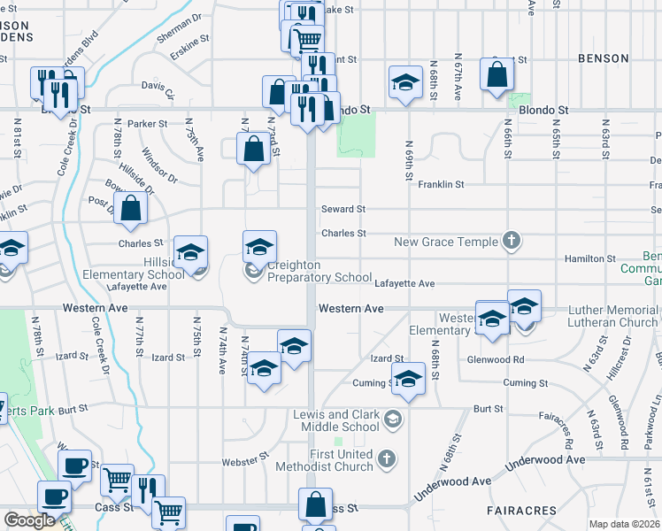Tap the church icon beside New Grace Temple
pyautogui.click(x=511, y=240)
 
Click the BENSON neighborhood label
pyautogui.click(x=603, y=58)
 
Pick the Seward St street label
pyautogui.click(x=343, y=209)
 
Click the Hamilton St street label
pyautogui.click(x=590, y=258)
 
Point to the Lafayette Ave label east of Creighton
pyautogui.click(x=404, y=283)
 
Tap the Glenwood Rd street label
pyautogui.click(x=500, y=359)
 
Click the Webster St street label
pyautogui.click(x=244, y=460)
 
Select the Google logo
pyautogui.click(x=28, y=520)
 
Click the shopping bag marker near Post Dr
pyautogui.click(x=130, y=209)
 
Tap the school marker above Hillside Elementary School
pyautogui.click(x=190, y=253)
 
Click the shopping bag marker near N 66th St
pyautogui.click(x=496, y=75)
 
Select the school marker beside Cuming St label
pyautogui.click(x=408, y=379)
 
